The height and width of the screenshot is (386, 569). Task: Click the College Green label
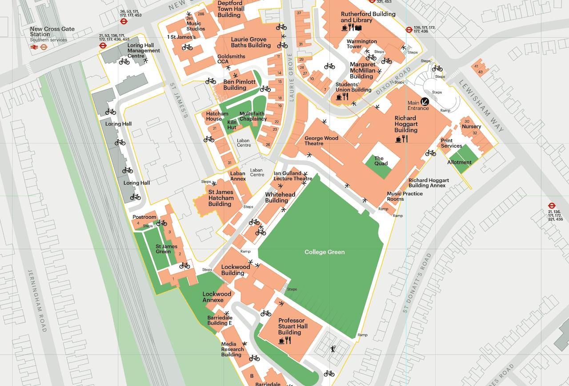tap(325, 252)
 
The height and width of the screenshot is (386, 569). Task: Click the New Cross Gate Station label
tap(52, 32)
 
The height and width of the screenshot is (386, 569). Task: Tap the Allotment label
tap(459, 162)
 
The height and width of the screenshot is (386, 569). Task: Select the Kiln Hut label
tap(232, 125)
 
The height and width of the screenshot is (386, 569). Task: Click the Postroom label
tap(144, 217)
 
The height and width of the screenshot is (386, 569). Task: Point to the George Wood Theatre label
tap(321, 141)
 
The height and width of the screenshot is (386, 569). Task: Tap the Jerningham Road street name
tap(37, 301)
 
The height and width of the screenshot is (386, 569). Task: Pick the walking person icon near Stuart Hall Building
tap(333, 349)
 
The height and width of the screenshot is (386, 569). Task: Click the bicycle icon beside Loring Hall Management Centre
tap(124, 61)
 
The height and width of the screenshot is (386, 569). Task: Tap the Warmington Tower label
tap(361, 44)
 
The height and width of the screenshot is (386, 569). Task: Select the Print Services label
tap(451, 143)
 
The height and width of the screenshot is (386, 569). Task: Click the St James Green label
tap(166, 249)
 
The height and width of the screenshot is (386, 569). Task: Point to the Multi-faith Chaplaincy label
tap(252, 116)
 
